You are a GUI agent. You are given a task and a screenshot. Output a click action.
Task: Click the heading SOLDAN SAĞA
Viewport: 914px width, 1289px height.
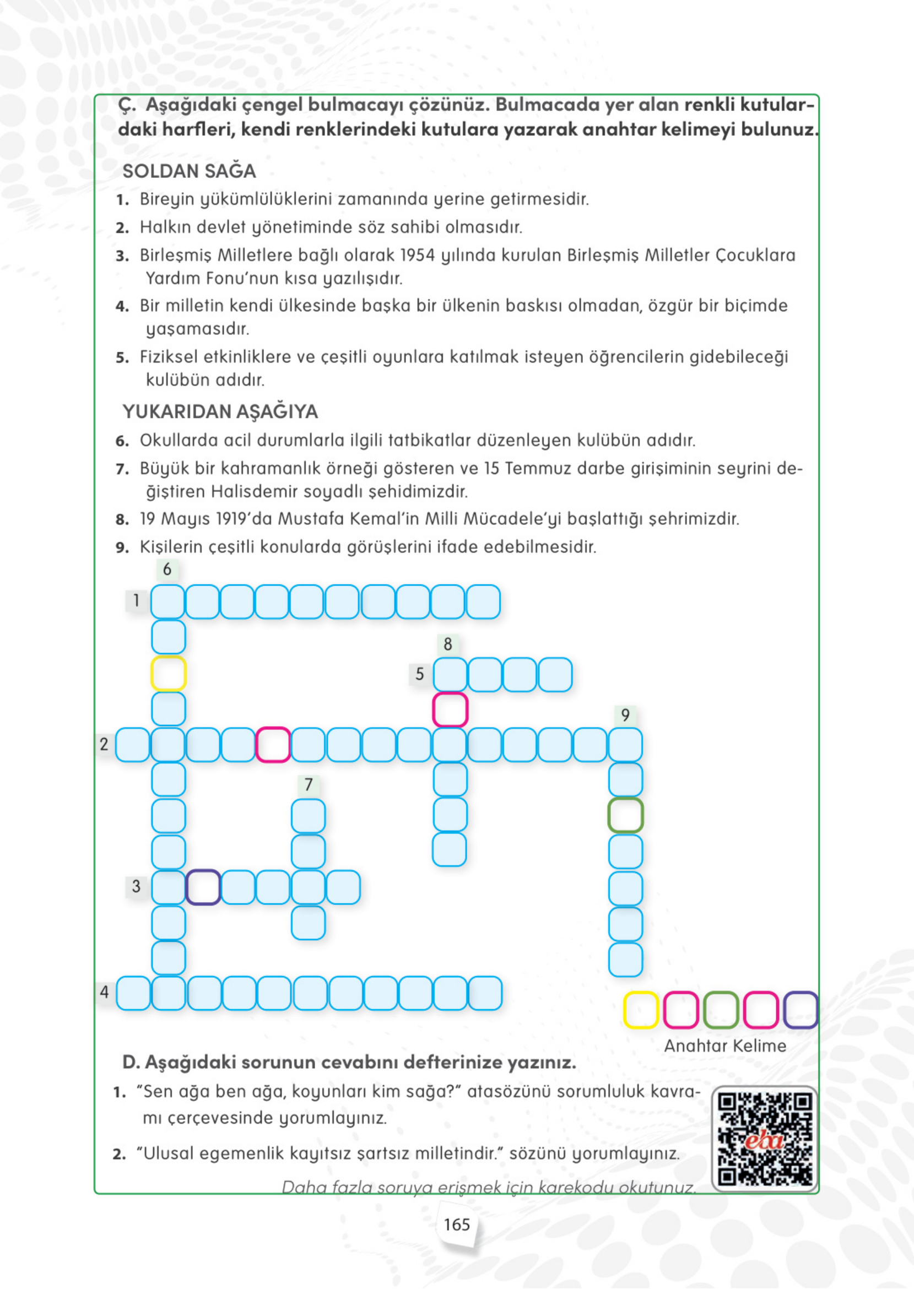(189, 171)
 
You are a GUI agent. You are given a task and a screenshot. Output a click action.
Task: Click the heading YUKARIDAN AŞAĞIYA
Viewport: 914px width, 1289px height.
(220, 412)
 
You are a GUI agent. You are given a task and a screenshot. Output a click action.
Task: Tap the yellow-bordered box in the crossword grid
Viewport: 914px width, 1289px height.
(168, 674)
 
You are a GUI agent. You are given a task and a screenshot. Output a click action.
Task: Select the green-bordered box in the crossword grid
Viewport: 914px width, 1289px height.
(625, 815)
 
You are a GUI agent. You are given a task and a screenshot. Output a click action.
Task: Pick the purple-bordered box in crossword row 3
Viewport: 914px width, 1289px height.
(203, 887)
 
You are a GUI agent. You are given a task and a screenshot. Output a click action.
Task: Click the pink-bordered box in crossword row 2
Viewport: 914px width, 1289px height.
(273, 745)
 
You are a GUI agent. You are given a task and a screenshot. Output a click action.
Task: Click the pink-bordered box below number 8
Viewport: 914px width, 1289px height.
(450, 710)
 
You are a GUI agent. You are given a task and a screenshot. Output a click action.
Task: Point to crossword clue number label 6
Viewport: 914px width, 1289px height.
(167, 570)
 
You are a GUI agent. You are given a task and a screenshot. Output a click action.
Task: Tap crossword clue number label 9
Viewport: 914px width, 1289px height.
(625, 715)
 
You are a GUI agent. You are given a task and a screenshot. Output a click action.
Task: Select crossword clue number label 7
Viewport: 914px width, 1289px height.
(309, 784)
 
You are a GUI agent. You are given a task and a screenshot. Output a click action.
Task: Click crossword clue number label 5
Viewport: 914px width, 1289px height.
(420, 674)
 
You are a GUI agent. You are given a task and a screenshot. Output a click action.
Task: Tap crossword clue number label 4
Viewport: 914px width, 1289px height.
(104, 992)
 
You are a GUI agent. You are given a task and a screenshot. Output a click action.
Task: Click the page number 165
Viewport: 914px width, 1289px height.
(456, 1225)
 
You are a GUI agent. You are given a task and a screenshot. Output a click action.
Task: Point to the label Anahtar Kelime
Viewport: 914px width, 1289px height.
(725, 1046)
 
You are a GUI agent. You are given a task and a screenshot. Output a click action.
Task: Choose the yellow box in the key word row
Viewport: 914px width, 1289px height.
(641, 1010)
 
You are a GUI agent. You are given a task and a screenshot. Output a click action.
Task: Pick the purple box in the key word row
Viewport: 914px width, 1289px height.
(801, 1010)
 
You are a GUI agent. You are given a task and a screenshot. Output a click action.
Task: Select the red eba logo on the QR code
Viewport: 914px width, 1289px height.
(764, 1141)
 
